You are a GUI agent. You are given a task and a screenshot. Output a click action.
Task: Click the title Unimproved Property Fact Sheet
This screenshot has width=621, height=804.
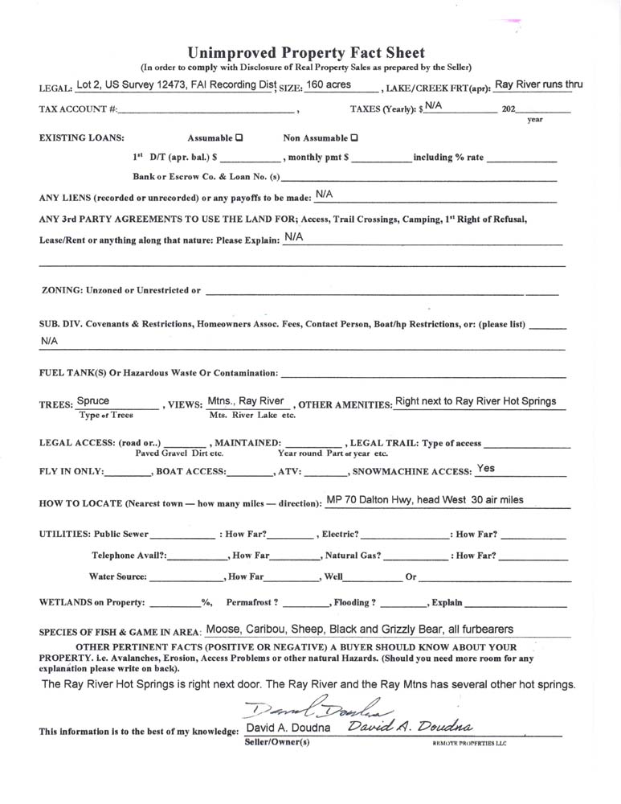click(306, 53)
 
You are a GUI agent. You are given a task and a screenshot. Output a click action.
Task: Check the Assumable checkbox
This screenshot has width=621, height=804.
click(239, 137)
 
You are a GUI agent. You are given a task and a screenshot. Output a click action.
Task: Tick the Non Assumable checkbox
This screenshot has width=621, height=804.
click(354, 137)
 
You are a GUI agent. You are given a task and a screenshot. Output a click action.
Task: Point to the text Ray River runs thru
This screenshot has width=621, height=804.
click(538, 83)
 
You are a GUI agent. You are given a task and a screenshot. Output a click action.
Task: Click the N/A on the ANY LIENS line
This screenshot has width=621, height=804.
click(324, 194)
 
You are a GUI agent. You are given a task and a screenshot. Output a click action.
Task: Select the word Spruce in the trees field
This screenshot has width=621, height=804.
click(93, 400)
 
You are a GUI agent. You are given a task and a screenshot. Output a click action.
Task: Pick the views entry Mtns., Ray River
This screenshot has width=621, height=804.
click(246, 400)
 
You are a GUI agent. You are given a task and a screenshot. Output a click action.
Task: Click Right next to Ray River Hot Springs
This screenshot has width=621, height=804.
click(476, 401)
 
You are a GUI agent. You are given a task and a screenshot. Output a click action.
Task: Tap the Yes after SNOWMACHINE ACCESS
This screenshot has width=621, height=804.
click(485, 468)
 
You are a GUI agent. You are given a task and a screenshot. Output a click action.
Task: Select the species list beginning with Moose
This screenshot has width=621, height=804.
click(359, 630)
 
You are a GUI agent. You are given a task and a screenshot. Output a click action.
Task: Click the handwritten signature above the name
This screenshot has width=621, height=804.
click(317, 708)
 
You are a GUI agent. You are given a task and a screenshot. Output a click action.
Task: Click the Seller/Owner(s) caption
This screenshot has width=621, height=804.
click(276, 742)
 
